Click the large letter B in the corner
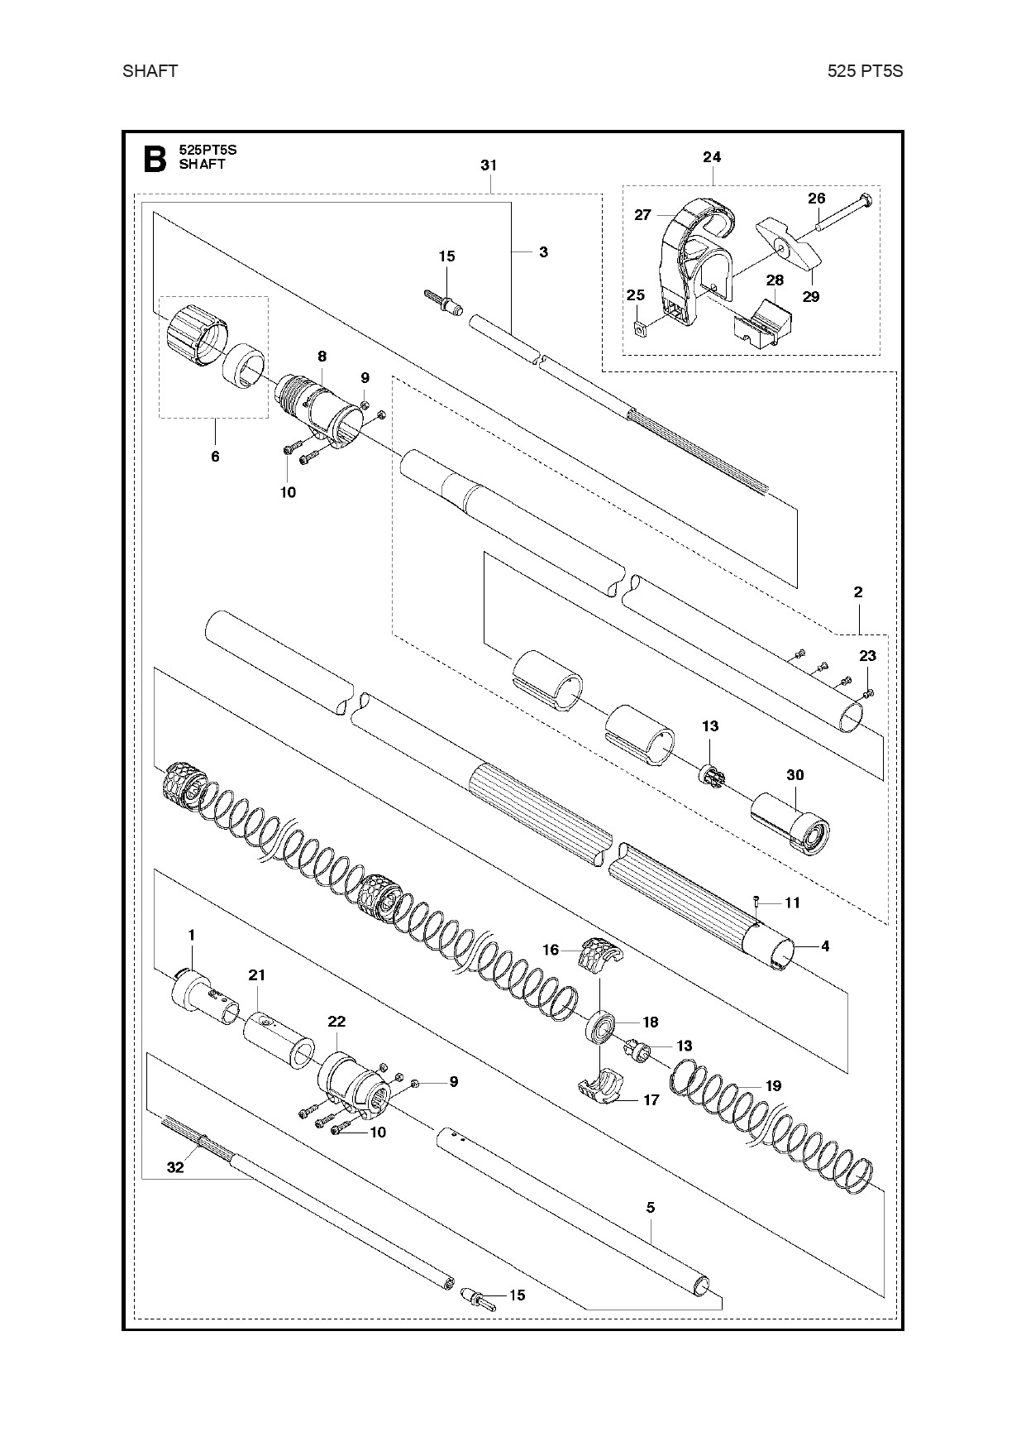155,159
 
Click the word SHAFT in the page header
150,71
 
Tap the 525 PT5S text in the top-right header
865,71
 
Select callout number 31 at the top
489,165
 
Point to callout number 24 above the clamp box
712,157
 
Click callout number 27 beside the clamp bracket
642,215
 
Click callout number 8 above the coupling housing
322,357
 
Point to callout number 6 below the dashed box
215,456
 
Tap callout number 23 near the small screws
867,656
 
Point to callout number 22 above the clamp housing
336,1022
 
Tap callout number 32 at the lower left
175,1167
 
